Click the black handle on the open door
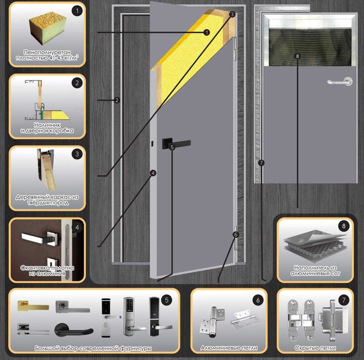(x=176, y=143)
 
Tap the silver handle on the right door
(x=340, y=82)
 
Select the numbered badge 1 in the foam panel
(x=77, y=11)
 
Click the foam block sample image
(x=48, y=28)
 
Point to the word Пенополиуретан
(x=47, y=52)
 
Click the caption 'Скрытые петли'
(x=315, y=348)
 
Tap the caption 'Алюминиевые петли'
(x=229, y=348)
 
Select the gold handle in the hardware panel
(x=33, y=306)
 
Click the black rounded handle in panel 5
(x=74, y=330)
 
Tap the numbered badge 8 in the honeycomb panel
(x=344, y=226)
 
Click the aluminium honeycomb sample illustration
(x=315, y=245)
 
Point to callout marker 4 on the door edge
(x=153, y=173)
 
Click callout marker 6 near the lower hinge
(x=236, y=234)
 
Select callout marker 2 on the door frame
(x=117, y=100)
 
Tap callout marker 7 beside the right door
(x=261, y=163)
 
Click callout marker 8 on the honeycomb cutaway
(x=297, y=56)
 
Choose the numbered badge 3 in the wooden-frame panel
(x=77, y=154)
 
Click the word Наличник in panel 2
(x=47, y=125)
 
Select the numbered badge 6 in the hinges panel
(x=258, y=300)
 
